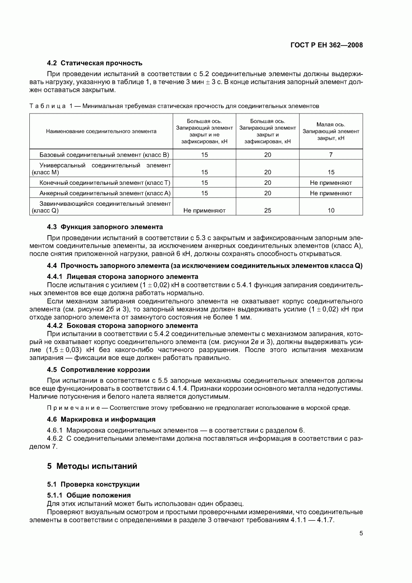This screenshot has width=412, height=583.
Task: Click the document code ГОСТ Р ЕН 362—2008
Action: pos(326,45)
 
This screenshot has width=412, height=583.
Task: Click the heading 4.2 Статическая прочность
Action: pos(95,63)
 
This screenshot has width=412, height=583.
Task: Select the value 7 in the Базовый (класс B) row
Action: pos(331,155)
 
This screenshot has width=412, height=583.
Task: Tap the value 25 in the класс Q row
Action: pos(268,211)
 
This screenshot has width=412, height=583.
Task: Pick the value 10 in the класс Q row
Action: pos(331,211)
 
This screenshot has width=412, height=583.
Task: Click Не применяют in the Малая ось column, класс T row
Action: pos(331,183)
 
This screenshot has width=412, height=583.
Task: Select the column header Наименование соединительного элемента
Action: pos(101,131)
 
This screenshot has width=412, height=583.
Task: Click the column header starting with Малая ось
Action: pos(331,131)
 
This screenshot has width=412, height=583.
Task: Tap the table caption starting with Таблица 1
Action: pos(174,106)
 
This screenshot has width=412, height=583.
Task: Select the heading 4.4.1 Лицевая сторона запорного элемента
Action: pos(122,277)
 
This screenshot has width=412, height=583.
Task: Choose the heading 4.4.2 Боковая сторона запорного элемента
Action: pos(122,326)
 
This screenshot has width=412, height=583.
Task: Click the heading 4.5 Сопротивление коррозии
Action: pos(98,370)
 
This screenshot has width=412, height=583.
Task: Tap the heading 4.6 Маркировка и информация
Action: pos(101,420)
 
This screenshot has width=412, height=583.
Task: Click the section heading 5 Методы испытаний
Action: pos(92,466)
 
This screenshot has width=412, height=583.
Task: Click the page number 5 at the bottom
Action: pos(361,533)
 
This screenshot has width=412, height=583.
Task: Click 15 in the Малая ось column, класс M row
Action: pos(331,172)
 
